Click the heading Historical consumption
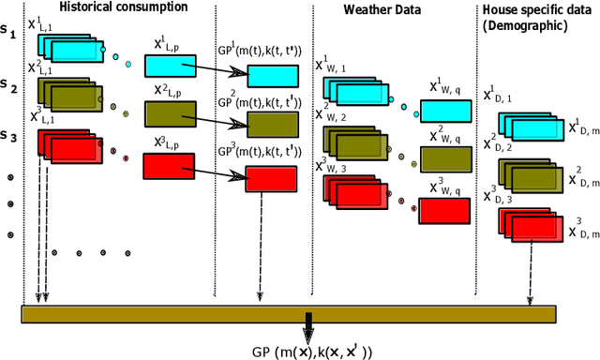pos(117,7)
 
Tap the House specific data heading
pos(537,17)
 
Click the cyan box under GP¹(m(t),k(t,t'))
pos(274,76)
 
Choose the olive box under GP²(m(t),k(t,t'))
pos(273,125)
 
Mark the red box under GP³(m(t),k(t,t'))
pos(272,177)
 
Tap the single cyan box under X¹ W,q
pos(444,110)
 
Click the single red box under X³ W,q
pos(443,210)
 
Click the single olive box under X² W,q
pos(444,158)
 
